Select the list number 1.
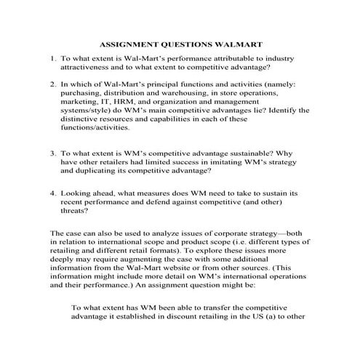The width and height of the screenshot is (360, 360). pyautogui.click(x=52, y=57)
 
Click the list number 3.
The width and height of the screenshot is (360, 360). pyautogui.click(x=52, y=154)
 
